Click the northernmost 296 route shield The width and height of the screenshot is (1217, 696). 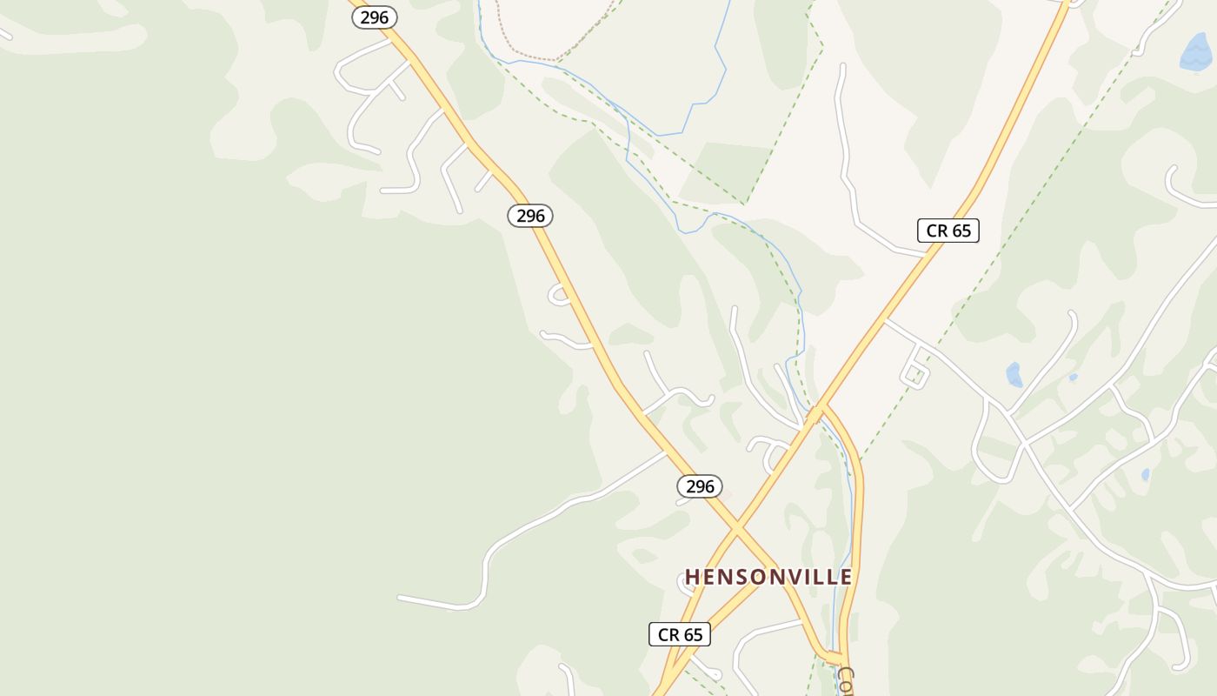click(375, 17)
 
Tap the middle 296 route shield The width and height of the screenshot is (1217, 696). click(530, 216)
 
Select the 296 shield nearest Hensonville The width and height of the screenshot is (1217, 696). click(700, 486)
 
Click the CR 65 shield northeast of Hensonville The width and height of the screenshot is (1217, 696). click(948, 231)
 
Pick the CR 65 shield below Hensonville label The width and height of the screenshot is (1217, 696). click(680, 634)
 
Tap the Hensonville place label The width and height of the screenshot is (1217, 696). click(768, 577)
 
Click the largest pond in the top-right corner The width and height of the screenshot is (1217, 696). click(1196, 52)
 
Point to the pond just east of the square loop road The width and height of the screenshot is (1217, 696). click(1014, 375)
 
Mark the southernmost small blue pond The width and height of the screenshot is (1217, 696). click(1145, 475)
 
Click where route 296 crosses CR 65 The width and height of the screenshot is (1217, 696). click(737, 527)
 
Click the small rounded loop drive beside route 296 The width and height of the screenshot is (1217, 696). click(559, 295)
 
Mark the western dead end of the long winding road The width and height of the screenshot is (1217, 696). click(400, 598)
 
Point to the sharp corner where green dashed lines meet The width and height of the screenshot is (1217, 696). click(745, 204)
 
